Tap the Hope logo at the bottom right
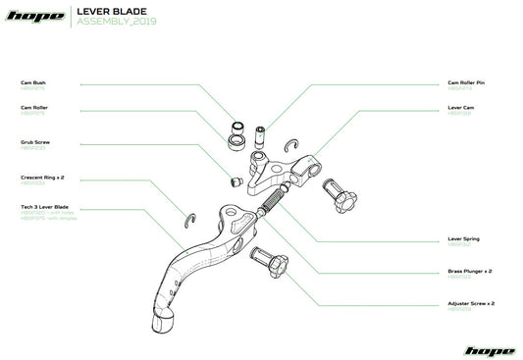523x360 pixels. (x=488, y=349)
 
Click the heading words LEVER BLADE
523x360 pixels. (x=105, y=12)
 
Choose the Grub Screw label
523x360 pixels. (x=33, y=142)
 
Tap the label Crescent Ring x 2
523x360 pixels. (x=40, y=178)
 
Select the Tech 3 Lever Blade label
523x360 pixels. (x=44, y=208)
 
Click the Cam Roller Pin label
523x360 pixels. (x=467, y=83)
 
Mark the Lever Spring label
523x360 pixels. (x=463, y=238)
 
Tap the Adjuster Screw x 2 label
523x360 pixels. (x=470, y=304)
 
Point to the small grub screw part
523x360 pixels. (x=235, y=181)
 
